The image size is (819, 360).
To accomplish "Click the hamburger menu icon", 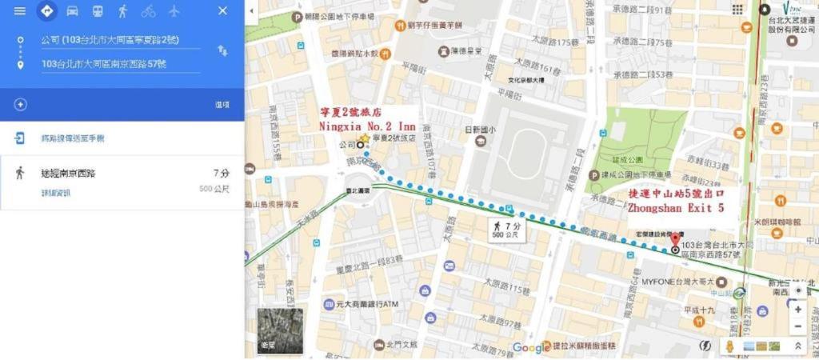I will [20, 11].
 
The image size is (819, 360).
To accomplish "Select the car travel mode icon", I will [72, 11].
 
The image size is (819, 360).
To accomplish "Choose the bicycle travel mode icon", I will [148, 11].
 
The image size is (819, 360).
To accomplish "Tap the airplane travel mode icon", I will [174, 11].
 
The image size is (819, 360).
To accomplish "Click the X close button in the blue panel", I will [222, 11].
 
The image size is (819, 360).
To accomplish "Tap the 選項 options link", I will [222, 105].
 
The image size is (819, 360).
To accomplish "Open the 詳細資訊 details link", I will [55, 193].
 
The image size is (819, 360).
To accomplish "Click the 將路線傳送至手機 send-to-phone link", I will [72, 138].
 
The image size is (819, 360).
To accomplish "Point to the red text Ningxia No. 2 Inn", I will [367, 126].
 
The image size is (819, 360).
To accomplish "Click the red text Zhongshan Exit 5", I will [676, 207].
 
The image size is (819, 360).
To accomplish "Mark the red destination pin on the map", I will [675, 238].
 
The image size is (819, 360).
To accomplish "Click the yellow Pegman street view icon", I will [729, 346].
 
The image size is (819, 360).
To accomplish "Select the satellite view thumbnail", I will [280, 330].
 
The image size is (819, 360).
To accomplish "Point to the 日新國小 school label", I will [481, 130].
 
